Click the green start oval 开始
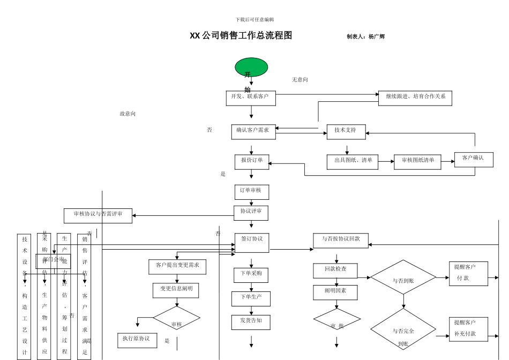coord(251,67)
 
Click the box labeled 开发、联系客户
coord(251,97)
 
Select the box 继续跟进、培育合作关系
coord(415,98)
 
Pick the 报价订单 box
coord(251,162)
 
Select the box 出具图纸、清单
coord(352,162)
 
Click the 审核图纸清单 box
coord(417,162)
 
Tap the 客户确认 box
coord(474,160)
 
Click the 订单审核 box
coord(251,192)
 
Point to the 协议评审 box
coord(251,213)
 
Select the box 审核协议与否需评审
coord(98,216)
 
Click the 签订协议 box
coord(252,243)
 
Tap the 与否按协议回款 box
coord(341,241)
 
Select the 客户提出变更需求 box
coord(177,267)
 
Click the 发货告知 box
coord(251,322)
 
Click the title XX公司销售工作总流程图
coord(241,36)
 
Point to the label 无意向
coord(300,80)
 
